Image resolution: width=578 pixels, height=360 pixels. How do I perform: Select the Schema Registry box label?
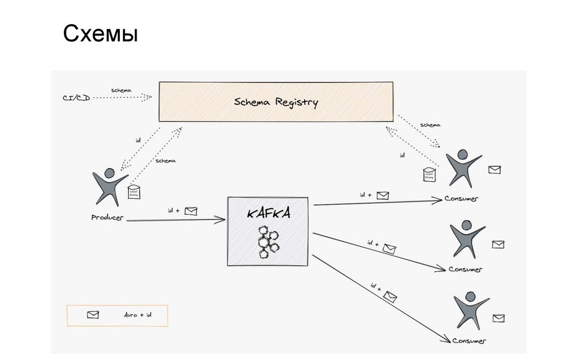pyautogui.click(x=276, y=102)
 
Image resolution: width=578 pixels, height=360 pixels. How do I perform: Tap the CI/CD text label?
pyautogui.click(x=76, y=98)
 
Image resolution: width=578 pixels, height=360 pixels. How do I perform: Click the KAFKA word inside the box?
pyautogui.click(x=269, y=214)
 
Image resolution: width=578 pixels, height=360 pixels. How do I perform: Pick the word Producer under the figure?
pyautogui.click(x=107, y=217)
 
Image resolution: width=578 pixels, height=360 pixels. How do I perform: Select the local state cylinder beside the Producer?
pyautogui.click(x=134, y=192)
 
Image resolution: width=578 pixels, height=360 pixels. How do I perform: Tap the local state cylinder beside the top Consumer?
pyautogui.click(x=431, y=174)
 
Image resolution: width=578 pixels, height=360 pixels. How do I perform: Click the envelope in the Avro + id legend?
pyautogui.click(x=93, y=315)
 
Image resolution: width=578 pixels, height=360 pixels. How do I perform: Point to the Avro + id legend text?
pyautogui.click(x=138, y=315)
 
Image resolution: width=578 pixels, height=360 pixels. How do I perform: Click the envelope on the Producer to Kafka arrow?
pyautogui.click(x=191, y=212)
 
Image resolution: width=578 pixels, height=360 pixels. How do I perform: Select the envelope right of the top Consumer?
pyautogui.click(x=494, y=169)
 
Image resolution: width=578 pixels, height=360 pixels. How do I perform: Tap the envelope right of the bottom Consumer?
pyautogui.click(x=498, y=318)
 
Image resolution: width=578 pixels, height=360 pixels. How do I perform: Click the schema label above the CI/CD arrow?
pyautogui.click(x=121, y=90)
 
